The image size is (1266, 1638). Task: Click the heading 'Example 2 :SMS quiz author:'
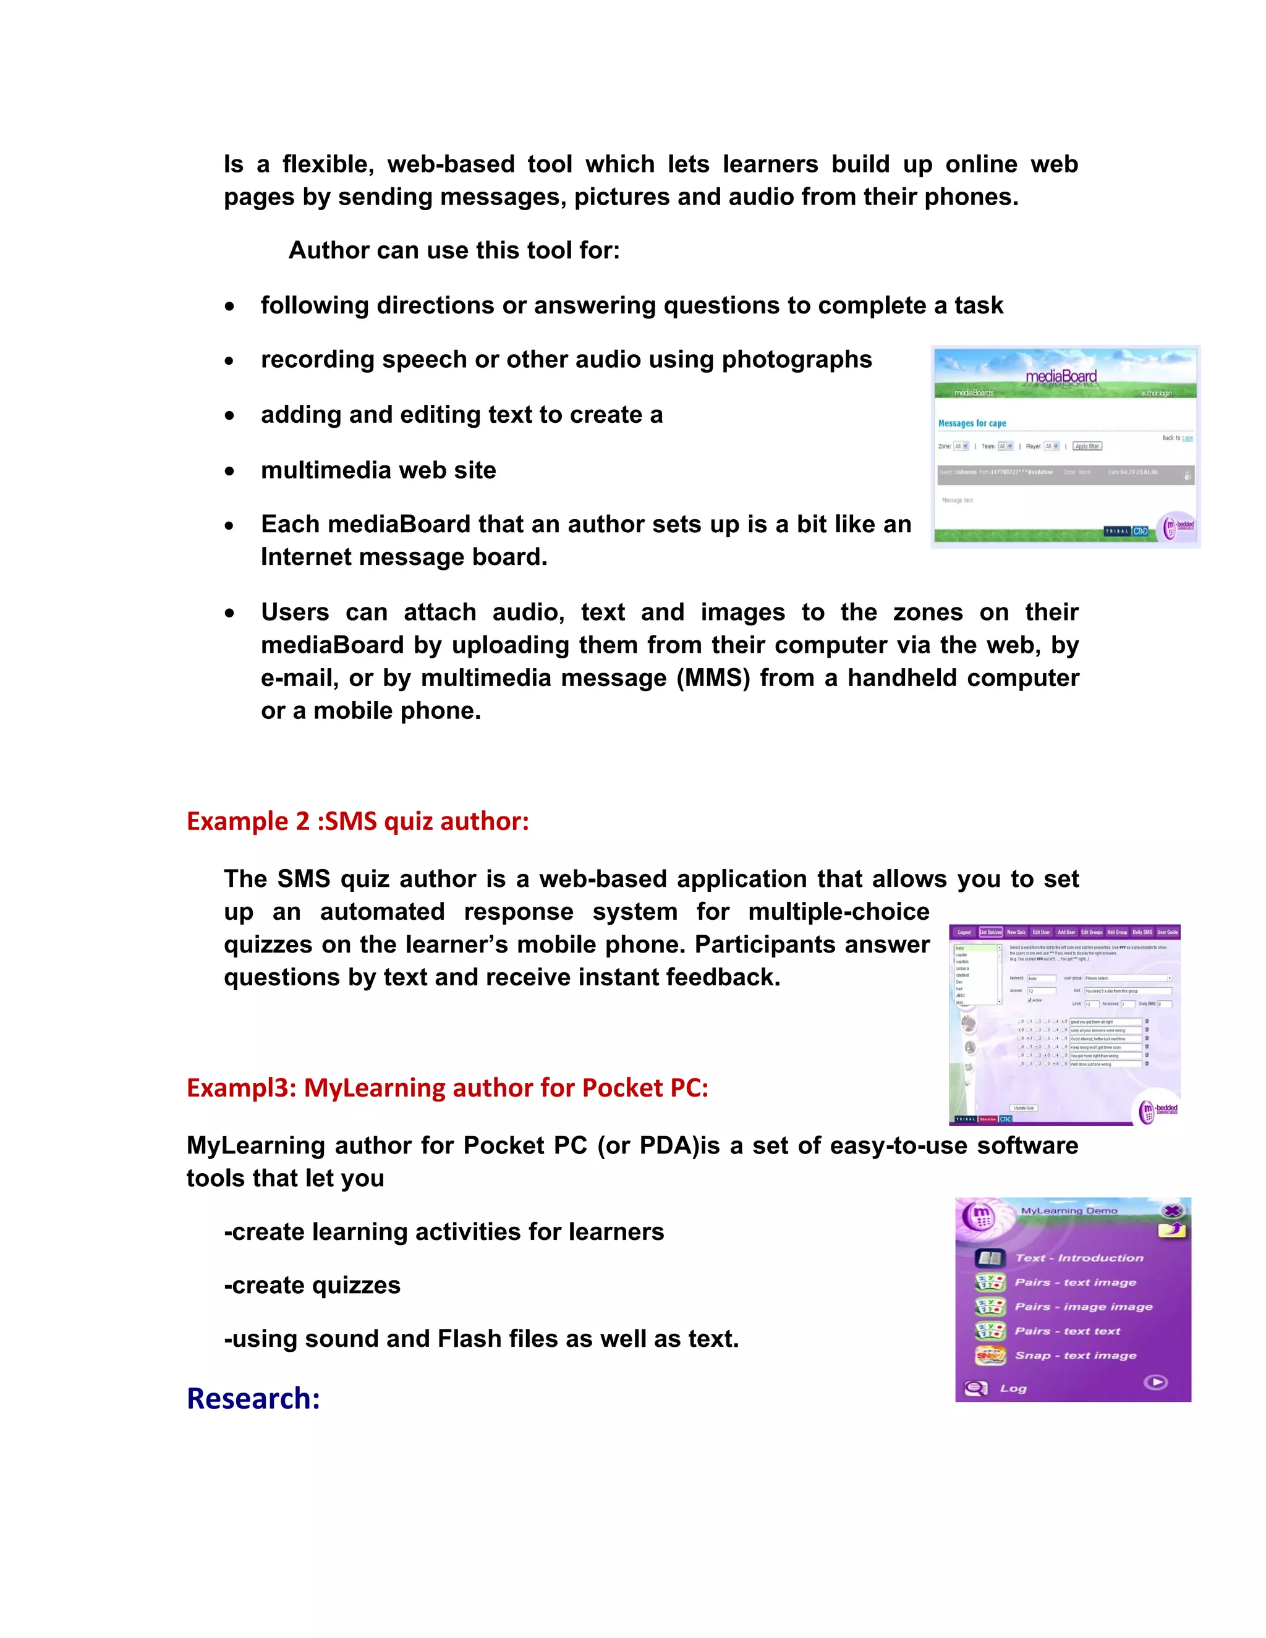358,821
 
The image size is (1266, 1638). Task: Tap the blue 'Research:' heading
253,1399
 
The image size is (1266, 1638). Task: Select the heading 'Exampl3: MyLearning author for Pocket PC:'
447,1087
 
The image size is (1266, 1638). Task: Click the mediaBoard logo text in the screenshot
1061,376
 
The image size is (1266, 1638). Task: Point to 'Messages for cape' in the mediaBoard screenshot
972,423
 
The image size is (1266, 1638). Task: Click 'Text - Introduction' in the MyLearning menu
1079,1258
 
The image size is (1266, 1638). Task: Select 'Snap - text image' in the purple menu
1076,1356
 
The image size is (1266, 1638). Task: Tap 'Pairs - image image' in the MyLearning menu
1083,1307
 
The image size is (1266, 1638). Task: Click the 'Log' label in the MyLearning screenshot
1013,1388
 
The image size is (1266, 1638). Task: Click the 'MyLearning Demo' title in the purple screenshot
1069,1210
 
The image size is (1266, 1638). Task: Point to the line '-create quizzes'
312,1286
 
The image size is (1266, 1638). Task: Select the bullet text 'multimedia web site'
378,470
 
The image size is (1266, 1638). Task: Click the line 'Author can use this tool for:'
454,250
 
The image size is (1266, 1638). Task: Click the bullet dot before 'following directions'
229,307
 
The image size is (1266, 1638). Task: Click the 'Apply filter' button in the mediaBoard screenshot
1087,446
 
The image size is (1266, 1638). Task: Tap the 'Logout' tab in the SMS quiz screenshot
964,932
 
